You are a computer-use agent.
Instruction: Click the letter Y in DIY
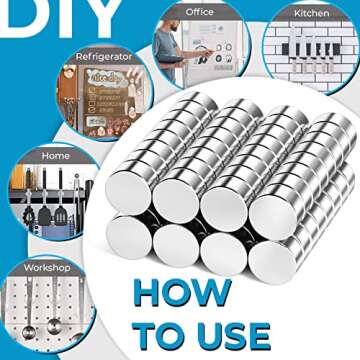click(98, 17)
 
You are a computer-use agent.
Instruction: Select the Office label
click(199, 12)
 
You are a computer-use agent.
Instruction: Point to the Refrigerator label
click(104, 57)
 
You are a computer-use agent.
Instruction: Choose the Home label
click(56, 156)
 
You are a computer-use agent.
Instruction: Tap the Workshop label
click(47, 268)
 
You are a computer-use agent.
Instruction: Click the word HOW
click(182, 293)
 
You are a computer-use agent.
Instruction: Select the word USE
click(232, 336)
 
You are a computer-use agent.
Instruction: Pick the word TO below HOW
click(158, 336)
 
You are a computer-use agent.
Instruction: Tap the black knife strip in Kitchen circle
click(311, 49)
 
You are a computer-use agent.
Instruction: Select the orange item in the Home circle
click(17, 177)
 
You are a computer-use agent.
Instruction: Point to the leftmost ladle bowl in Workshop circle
click(28, 332)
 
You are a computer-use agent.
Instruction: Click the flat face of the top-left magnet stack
click(128, 192)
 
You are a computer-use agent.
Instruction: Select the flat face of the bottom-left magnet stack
click(129, 237)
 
